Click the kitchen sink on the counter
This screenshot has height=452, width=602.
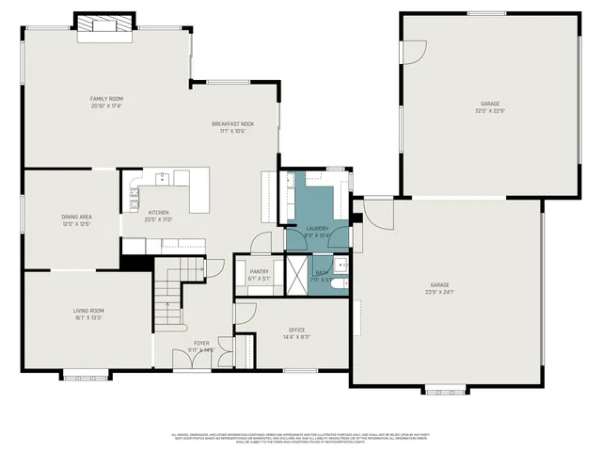click(x=163, y=176)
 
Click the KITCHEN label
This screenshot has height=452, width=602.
click(x=158, y=213)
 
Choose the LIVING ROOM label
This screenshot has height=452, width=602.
click(x=88, y=311)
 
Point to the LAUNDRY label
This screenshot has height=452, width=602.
click(x=317, y=228)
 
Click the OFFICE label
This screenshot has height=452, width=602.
click(x=296, y=330)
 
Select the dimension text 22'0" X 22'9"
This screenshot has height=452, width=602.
click(x=490, y=112)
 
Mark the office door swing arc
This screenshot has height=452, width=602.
click(x=244, y=312)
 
